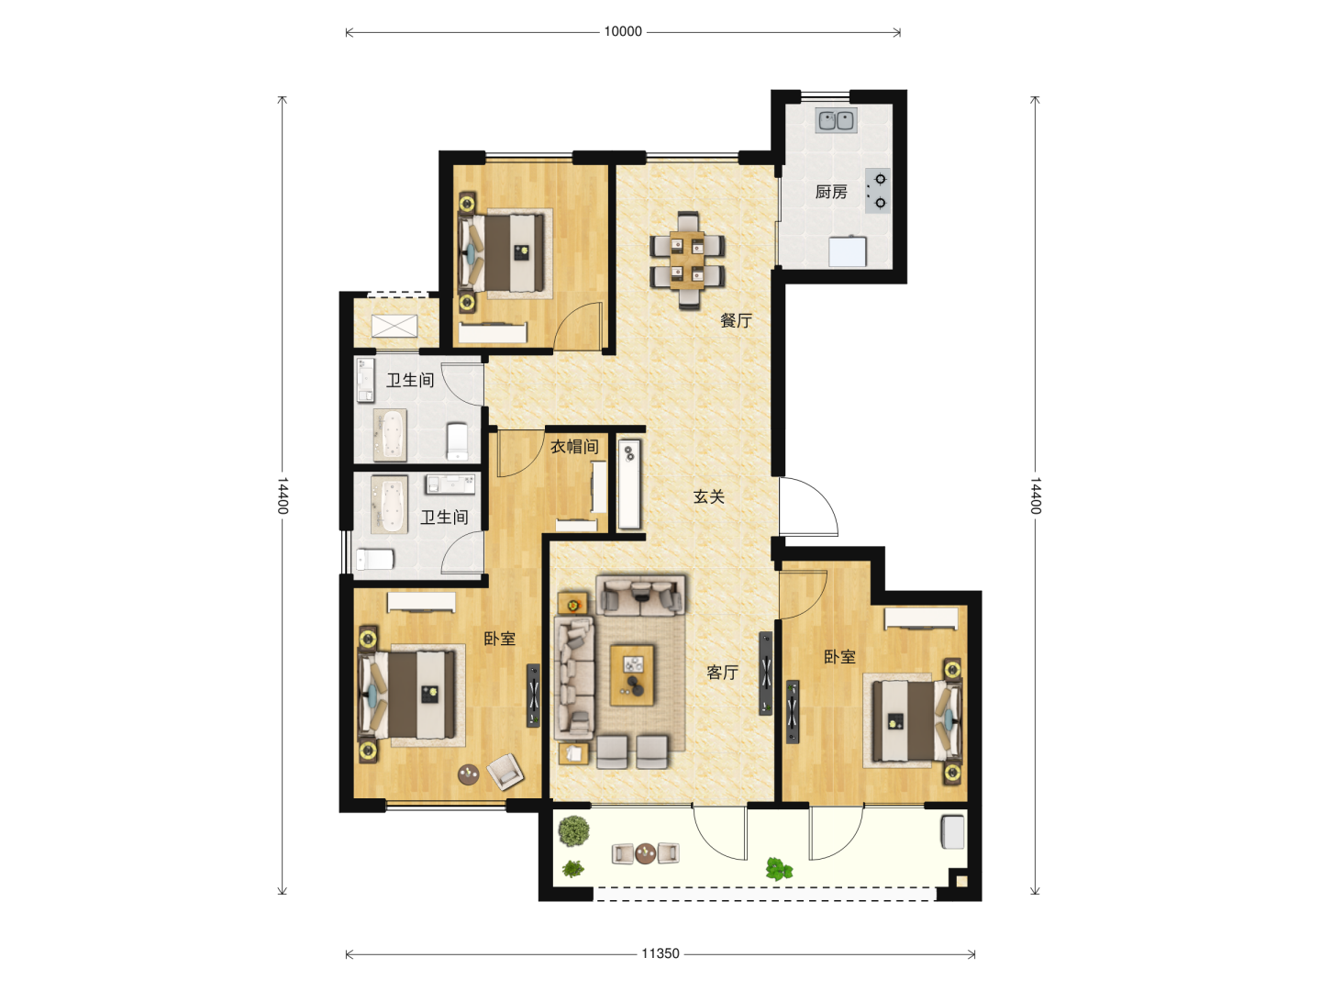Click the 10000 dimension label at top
(x=622, y=31)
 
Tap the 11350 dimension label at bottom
(x=660, y=953)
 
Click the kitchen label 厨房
(x=830, y=192)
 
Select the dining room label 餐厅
(x=736, y=320)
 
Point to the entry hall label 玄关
(x=708, y=496)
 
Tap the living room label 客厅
(x=722, y=672)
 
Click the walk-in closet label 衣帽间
(x=574, y=447)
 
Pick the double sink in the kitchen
(x=836, y=120)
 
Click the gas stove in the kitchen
(x=878, y=191)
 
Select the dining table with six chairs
(x=687, y=260)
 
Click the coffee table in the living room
(x=632, y=674)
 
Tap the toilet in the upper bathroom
(x=458, y=441)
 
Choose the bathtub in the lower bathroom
(x=389, y=505)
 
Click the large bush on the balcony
(x=573, y=831)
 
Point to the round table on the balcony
(x=645, y=852)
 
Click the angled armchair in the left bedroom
(x=505, y=772)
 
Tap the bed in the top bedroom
(x=505, y=253)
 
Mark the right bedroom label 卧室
(x=839, y=656)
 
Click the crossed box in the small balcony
(x=394, y=326)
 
